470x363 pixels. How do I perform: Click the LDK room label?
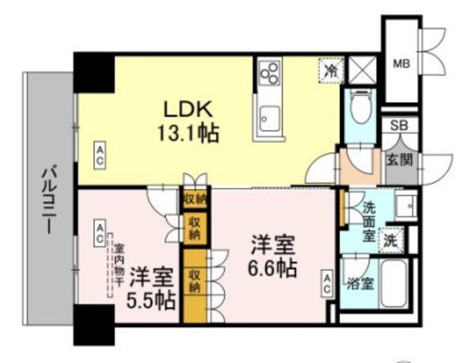[x=187, y=110]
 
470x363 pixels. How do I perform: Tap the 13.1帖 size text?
[x=187, y=134]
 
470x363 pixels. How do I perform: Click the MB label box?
[x=400, y=64]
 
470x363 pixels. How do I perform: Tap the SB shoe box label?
[x=399, y=126]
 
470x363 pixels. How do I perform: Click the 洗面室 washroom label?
[x=368, y=220]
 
